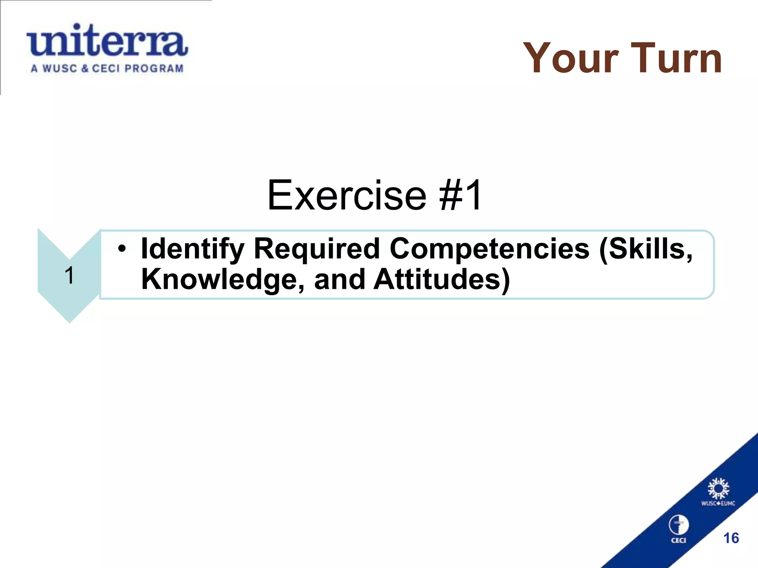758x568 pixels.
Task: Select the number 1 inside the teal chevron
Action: point(69,275)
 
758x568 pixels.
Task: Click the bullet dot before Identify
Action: point(123,249)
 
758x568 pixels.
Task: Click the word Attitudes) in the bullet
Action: point(442,280)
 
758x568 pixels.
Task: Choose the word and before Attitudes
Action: point(339,280)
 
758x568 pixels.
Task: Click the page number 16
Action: point(731,538)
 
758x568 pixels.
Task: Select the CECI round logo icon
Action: point(678,525)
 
